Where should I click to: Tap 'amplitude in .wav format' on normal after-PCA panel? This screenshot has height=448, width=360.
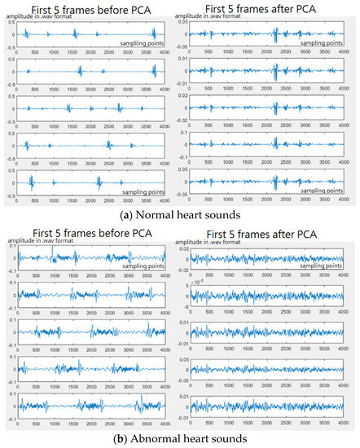click(x=214, y=18)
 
